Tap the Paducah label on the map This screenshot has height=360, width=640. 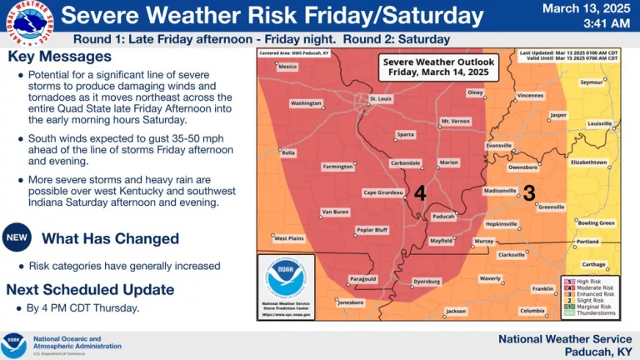[442, 216]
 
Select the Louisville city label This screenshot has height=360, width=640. [599, 123]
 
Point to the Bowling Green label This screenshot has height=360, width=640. [596, 222]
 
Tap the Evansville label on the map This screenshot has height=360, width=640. [498, 145]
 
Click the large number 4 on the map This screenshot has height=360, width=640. [420, 193]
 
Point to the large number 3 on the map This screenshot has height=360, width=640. [528, 192]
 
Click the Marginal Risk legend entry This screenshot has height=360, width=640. [593, 307]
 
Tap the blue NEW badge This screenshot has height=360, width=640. [17, 238]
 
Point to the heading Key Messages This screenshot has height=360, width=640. [59, 57]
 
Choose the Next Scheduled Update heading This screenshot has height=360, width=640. [90, 290]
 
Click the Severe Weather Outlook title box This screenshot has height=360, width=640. [438, 67]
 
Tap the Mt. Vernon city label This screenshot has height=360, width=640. [455, 121]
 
